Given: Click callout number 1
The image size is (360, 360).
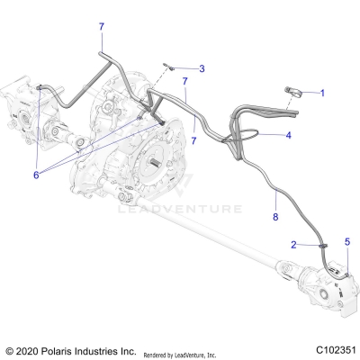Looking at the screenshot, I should [x=323, y=93].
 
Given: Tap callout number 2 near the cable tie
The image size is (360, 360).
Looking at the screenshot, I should [x=293, y=244].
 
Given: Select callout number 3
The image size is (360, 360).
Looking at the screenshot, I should [x=202, y=68].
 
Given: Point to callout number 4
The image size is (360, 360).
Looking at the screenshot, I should [x=288, y=136].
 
